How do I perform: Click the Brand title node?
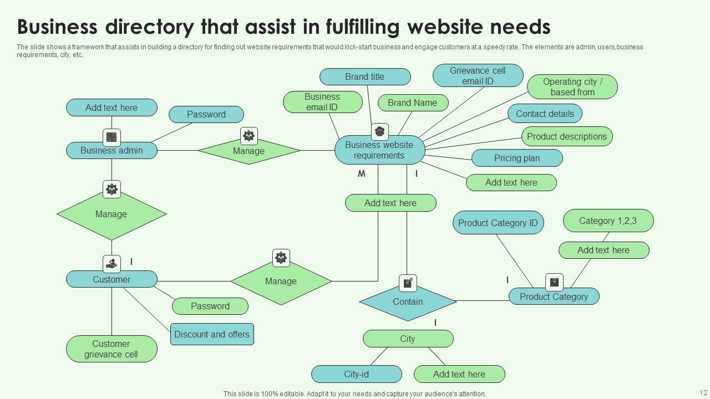coord(365,77)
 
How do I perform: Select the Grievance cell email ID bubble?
coord(478,76)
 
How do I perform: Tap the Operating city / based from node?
coord(572,87)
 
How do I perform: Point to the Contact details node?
coord(545,114)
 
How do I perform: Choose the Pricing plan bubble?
coord(517,158)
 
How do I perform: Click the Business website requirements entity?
coord(379,150)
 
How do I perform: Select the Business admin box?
coord(111,151)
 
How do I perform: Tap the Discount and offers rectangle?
coord(212,334)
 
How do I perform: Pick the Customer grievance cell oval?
coord(111,349)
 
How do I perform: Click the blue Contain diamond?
coord(408,302)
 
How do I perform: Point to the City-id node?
coord(356,374)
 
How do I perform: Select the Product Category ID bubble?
coord(498,223)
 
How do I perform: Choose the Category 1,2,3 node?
coord(608,221)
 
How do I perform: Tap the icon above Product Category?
coord(554,283)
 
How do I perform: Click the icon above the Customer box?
coord(111,264)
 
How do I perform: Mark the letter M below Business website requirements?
coord(362,174)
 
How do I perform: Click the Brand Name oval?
coord(413,103)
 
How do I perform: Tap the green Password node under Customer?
coord(210,306)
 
